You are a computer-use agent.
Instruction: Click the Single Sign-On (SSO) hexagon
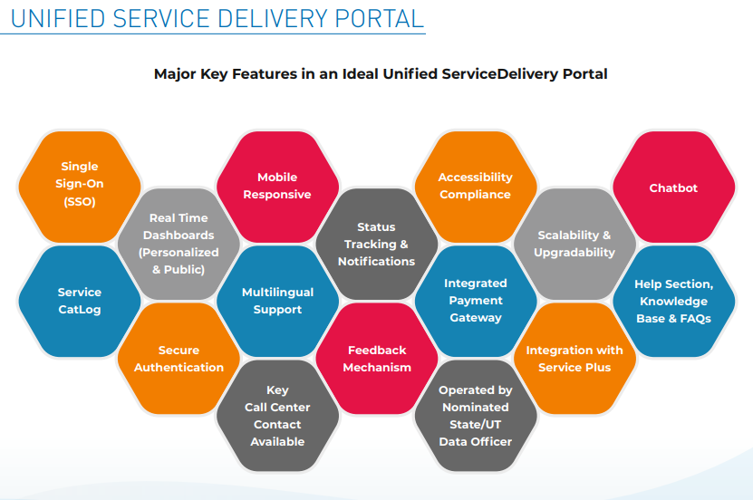click(x=80, y=185)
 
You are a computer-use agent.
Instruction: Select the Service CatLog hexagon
click(x=80, y=301)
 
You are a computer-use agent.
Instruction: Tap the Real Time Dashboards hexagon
click(x=179, y=243)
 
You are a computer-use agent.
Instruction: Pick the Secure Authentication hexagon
click(x=179, y=359)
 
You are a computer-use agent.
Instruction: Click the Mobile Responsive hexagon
click(x=277, y=186)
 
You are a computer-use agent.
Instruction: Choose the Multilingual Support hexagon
click(x=277, y=301)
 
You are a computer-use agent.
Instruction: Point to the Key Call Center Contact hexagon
click(x=277, y=416)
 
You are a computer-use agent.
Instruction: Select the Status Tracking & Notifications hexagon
click(x=376, y=244)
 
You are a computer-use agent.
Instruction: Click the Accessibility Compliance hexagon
click(x=475, y=186)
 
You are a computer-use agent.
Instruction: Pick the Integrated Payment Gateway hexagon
click(x=475, y=301)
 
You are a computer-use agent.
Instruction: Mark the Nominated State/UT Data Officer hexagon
click(x=475, y=416)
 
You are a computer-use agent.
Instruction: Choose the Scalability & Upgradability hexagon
click(x=574, y=244)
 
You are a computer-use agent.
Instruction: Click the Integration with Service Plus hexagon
click(x=574, y=359)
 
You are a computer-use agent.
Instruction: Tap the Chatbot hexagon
click(x=673, y=187)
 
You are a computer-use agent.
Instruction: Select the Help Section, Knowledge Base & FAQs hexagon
click(x=673, y=301)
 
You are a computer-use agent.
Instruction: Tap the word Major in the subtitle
click(x=174, y=74)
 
